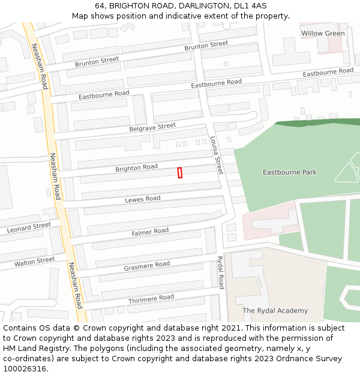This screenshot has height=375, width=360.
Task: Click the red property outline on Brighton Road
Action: tap(180, 173)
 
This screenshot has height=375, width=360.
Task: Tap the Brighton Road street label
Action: tap(136, 168)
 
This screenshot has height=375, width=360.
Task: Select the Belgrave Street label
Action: tap(152, 127)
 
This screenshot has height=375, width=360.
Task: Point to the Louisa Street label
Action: tap(216, 155)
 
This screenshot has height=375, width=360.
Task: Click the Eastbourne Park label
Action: tap(289, 173)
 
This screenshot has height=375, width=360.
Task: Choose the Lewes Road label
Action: tap(142, 199)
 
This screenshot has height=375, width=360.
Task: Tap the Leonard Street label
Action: tap(29, 228)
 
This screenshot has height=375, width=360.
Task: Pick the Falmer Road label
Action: tap(150, 232)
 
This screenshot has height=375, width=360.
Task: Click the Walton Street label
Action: tap(34, 262)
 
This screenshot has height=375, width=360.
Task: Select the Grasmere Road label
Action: tap(146, 265)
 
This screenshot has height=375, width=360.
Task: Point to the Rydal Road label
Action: tap(220, 272)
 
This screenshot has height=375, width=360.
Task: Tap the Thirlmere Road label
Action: tap(151, 298)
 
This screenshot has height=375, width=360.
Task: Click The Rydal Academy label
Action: tap(275, 311)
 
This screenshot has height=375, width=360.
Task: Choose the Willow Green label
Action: tap(323, 34)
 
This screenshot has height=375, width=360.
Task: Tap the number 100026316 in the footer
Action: tap(24, 368)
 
